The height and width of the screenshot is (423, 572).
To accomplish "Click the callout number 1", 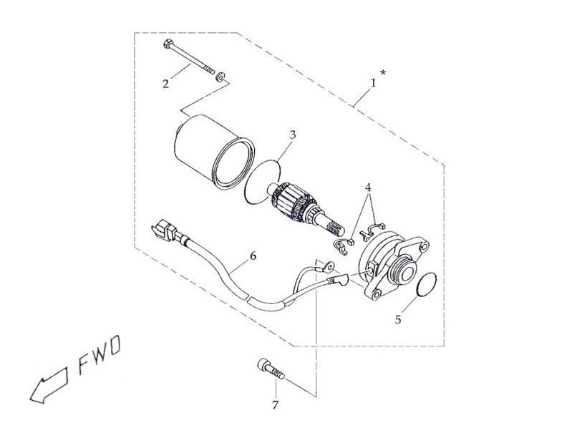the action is click(x=373, y=83).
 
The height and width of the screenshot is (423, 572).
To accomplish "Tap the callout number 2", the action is click(x=165, y=84).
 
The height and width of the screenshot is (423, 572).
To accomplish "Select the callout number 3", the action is click(x=293, y=135).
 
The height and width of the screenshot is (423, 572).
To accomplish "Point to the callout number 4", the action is click(x=368, y=188).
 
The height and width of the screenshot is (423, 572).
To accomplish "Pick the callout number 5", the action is click(x=398, y=320).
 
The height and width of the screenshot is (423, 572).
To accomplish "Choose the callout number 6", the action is click(x=253, y=256).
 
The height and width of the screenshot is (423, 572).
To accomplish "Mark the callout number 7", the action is click(x=275, y=405).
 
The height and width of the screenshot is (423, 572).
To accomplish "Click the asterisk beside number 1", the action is click(x=383, y=72).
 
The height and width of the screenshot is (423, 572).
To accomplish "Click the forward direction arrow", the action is click(x=49, y=386).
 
